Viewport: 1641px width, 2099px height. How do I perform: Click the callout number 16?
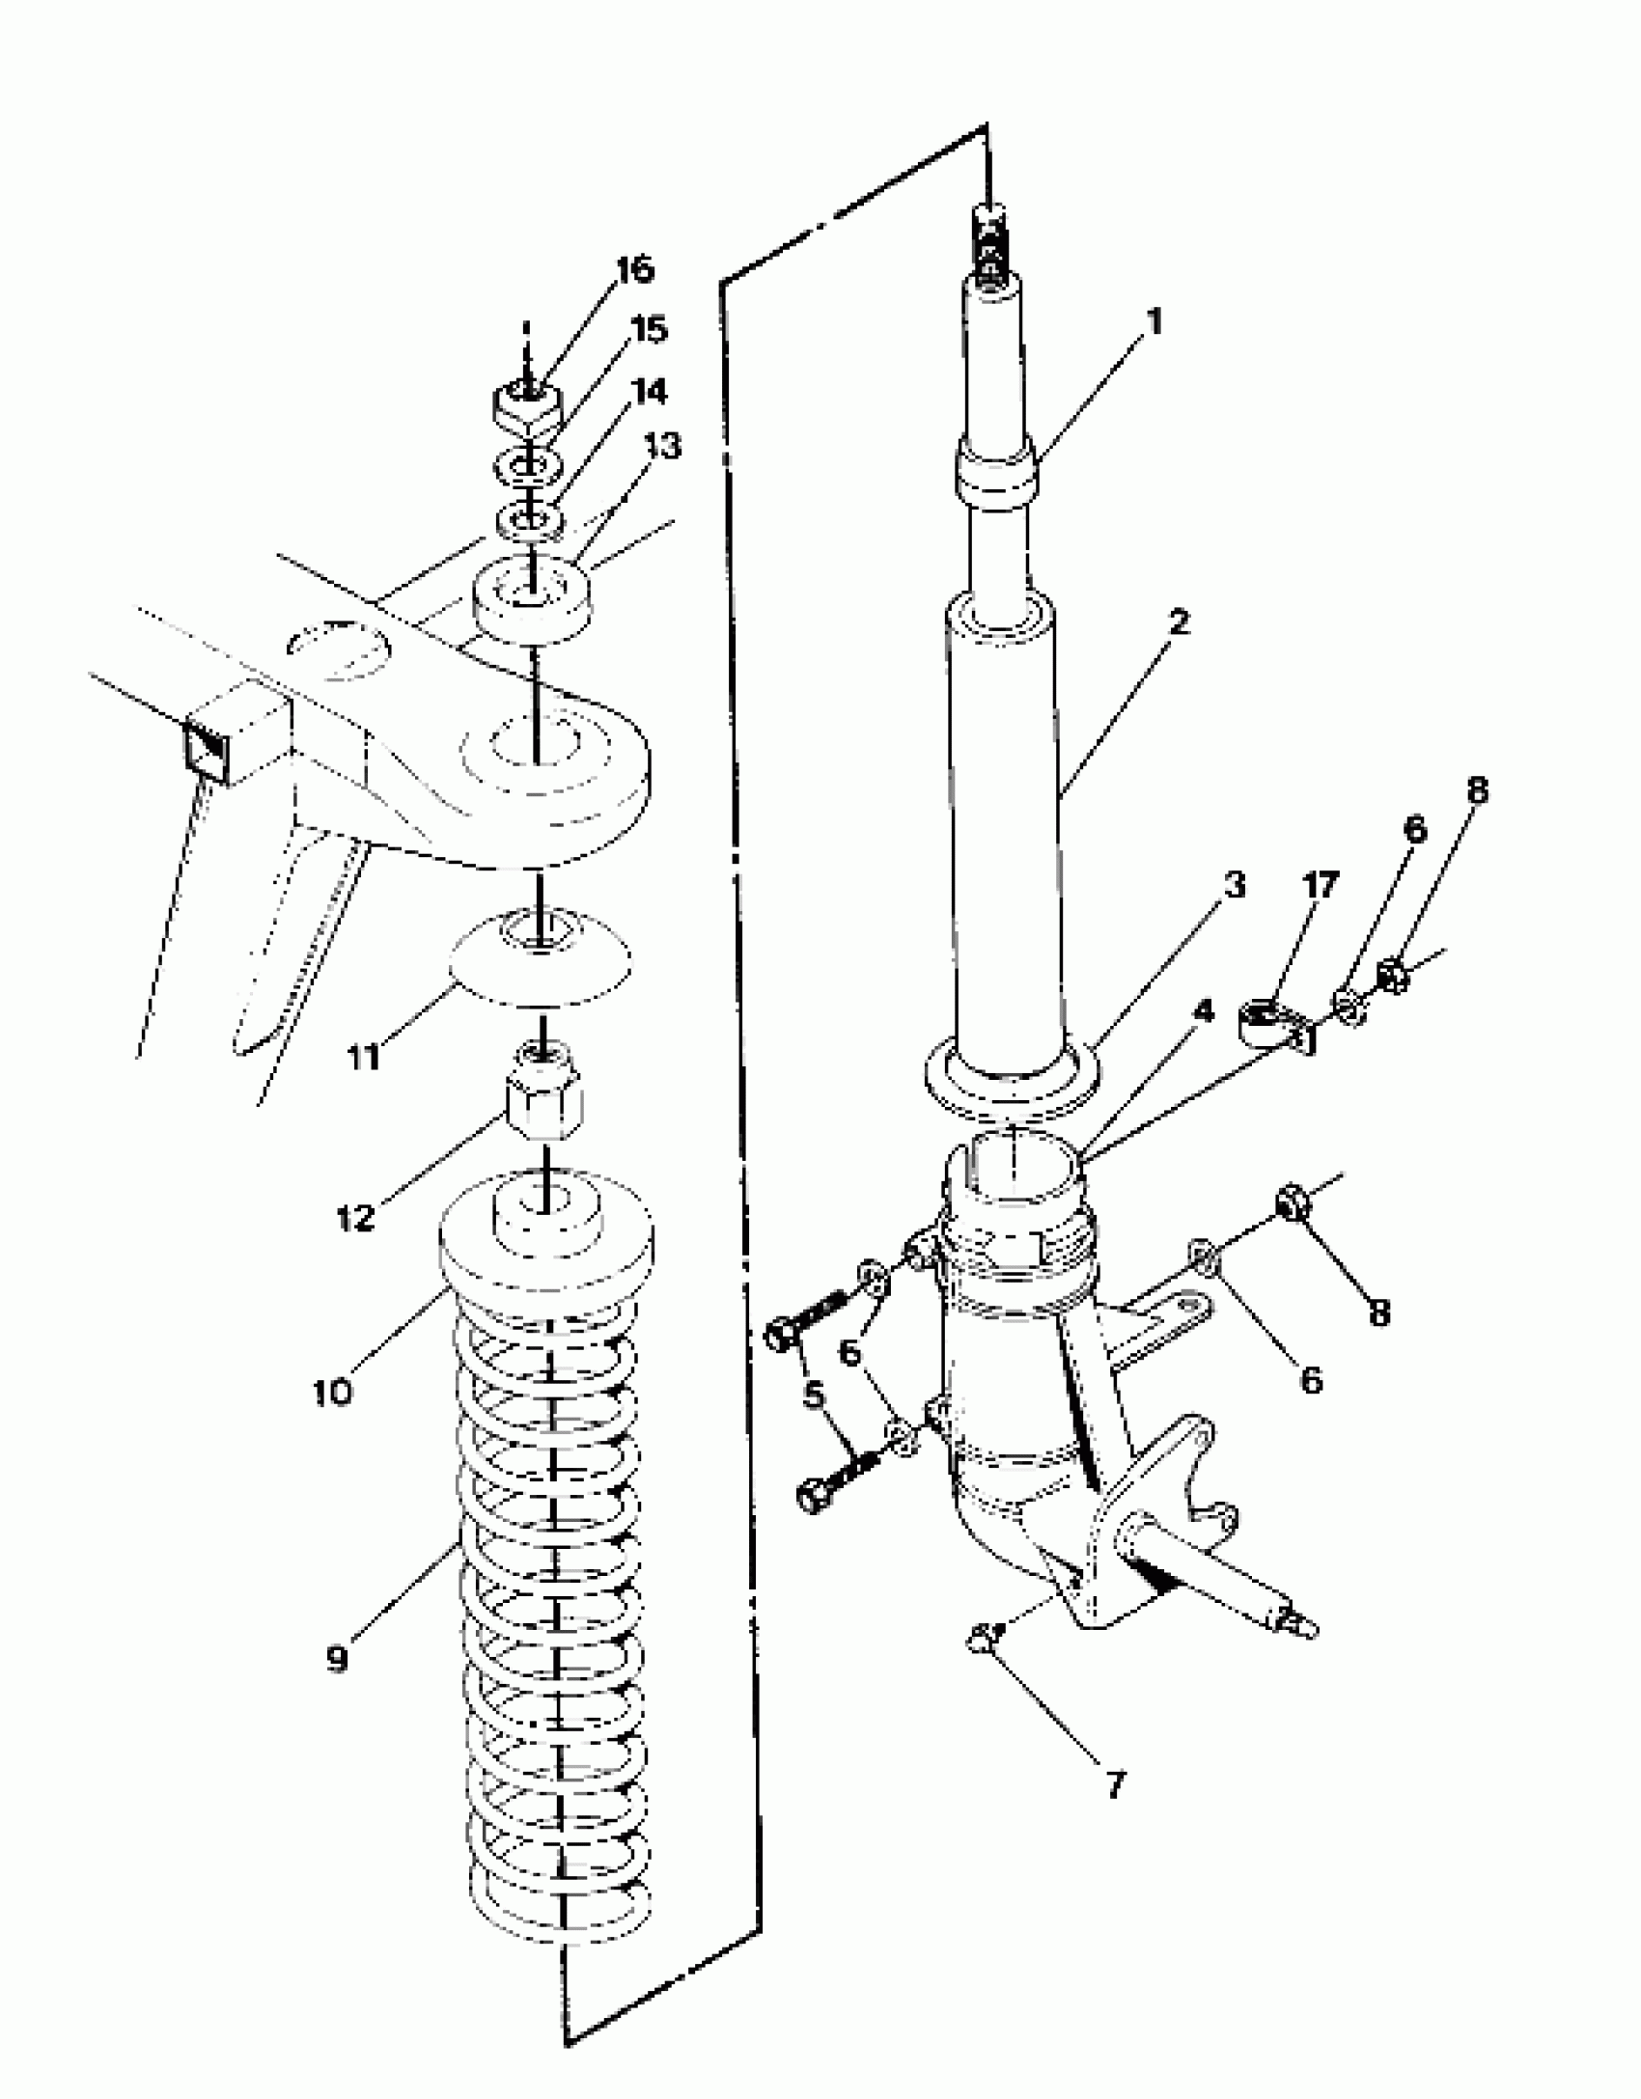[x=634, y=270]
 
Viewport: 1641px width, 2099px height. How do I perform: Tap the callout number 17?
[x=1321, y=884]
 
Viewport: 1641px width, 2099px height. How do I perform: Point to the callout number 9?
[x=336, y=1660]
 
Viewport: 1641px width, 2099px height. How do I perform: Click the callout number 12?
[x=354, y=1218]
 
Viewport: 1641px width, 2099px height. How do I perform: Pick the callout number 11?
[x=363, y=1057]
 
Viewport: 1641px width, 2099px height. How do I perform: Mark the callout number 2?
[x=1178, y=622]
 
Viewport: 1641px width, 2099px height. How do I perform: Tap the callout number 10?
[x=332, y=1392]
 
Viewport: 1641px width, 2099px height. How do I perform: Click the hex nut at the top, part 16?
[x=527, y=405]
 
